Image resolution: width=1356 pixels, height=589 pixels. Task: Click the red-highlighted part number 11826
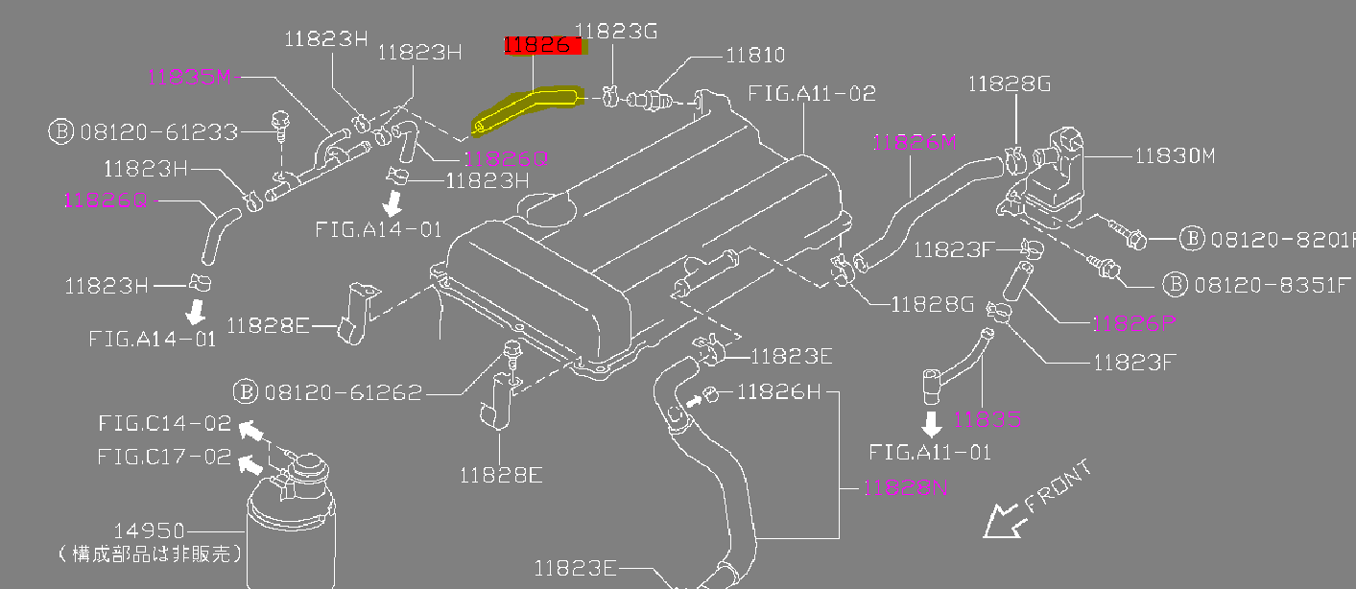[542, 45]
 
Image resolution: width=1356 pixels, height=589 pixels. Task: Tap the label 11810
[755, 56]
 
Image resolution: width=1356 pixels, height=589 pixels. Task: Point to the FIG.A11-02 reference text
[812, 94]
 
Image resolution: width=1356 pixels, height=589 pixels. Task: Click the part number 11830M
[1176, 155]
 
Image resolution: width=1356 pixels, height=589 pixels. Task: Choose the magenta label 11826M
[916, 143]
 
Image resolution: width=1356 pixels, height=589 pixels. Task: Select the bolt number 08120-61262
[343, 391]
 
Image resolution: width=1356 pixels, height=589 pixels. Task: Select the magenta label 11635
[987, 419]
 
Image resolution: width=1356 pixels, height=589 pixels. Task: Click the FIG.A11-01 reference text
[930, 451]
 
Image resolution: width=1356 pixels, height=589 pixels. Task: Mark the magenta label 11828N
[906, 487]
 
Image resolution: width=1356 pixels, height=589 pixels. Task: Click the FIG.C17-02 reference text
[164, 457]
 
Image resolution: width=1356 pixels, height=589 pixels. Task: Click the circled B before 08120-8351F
[1174, 284]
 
